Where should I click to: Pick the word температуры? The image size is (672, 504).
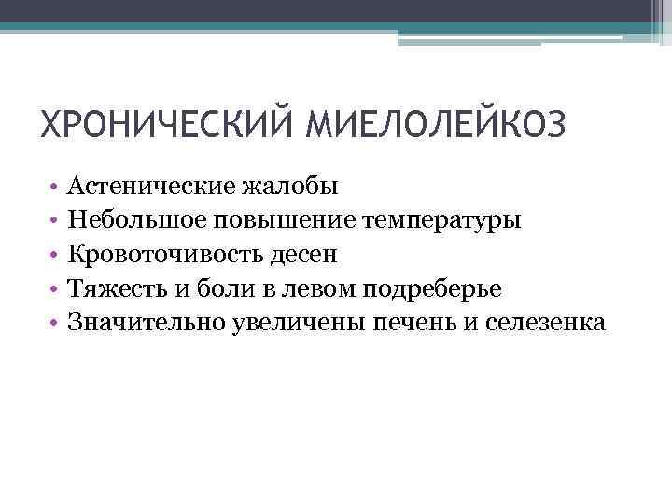(443, 221)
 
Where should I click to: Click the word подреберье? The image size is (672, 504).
(428, 289)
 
